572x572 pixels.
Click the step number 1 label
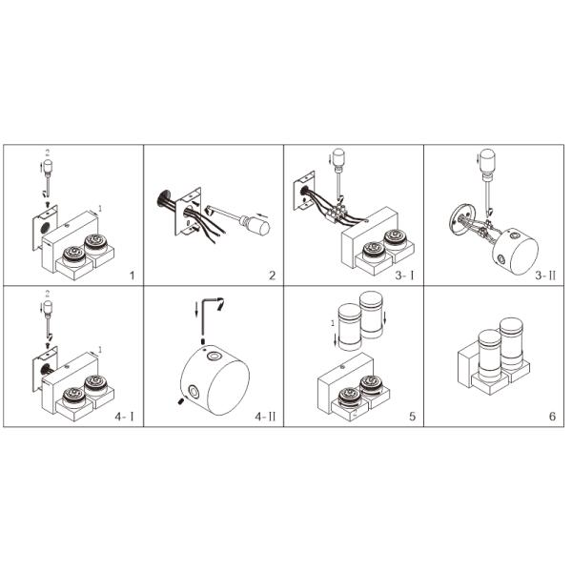[x=133, y=276]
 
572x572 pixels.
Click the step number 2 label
[x=272, y=276]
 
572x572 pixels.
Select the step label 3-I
[x=404, y=276]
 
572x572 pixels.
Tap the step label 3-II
[x=545, y=276]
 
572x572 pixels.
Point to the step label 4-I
[x=124, y=417]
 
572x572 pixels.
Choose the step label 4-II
[x=265, y=417]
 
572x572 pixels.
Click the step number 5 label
[x=412, y=417]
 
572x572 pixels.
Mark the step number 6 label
[x=552, y=417]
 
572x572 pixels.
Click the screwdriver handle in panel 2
[x=257, y=224]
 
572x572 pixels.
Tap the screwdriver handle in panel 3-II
[x=487, y=160]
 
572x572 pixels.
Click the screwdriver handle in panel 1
[x=48, y=168]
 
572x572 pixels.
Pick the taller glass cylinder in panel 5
[x=371, y=315]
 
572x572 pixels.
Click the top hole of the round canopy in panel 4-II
[x=214, y=356]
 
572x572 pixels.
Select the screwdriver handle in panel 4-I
[x=48, y=309]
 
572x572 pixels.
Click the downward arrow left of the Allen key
[x=196, y=309]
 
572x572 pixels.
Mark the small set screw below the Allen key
[x=203, y=341]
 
